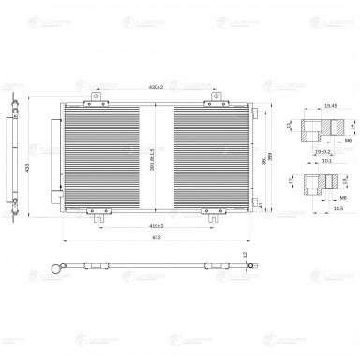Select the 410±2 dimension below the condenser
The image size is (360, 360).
[156, 226]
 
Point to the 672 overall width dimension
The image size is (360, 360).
[154, 239]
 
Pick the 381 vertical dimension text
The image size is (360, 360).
[264, 159]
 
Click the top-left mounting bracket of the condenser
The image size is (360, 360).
[97, 97]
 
